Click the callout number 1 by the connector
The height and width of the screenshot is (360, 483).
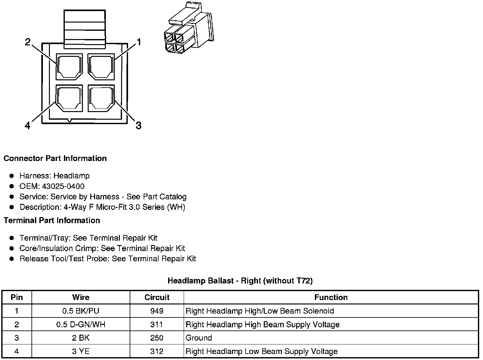click(139, 42)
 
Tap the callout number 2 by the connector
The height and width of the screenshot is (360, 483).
click(28, 42)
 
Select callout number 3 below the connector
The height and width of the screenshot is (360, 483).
click(139, 125)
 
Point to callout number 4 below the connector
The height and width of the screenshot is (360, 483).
click(28, 126)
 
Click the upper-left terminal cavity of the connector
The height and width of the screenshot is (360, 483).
click(69, 67)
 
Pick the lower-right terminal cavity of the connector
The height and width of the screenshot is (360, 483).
click(101, 98)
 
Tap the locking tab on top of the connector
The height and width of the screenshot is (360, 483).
click(85, 29)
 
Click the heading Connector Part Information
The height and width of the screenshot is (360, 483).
click(55, 158)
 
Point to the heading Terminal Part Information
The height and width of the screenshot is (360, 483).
click(52, 220)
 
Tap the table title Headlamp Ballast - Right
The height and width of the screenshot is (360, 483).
click(240, 281)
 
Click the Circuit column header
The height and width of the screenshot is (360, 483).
click(157, 297)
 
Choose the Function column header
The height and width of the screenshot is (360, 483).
click(331, 297)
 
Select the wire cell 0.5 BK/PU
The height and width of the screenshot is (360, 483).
click(81, 311)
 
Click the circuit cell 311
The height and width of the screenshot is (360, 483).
click(157, 324)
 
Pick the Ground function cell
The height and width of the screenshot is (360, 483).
click(199, 338)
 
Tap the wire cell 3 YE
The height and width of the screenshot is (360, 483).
click(81, 351)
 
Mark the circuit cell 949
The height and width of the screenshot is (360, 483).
click(157, 311)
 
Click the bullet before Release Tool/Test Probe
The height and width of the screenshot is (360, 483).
click(12, 259)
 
